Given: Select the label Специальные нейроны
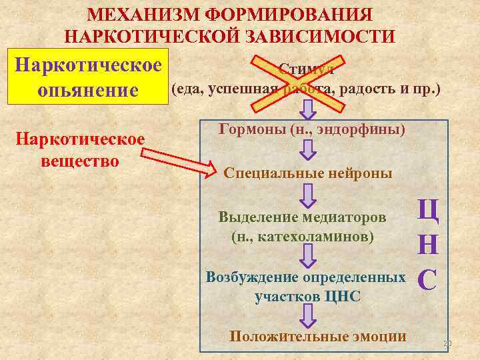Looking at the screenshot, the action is point(308,173).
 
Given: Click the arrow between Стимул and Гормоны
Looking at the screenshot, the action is point(308,109).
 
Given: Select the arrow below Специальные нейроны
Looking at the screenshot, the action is point(308,195).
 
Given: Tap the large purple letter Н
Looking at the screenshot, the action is point(427,245).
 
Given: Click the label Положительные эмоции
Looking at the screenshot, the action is point(317,336).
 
